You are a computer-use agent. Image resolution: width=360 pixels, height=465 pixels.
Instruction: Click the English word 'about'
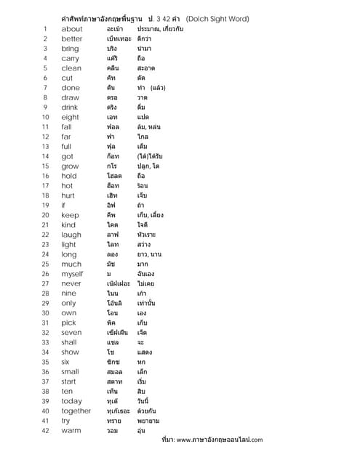coord(72,28)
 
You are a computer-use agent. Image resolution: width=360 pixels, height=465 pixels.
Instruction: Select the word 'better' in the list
coord(72,39)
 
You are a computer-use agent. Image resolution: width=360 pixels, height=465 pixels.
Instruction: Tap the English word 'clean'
coord(71,68)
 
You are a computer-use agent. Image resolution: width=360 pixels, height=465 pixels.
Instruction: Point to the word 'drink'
coord(70,107)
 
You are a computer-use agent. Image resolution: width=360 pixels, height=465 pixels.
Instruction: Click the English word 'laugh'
coord(71,235)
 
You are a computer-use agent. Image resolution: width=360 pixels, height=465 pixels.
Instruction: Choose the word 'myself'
coord(72,274)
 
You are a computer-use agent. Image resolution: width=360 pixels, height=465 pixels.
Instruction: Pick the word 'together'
coord(76,411)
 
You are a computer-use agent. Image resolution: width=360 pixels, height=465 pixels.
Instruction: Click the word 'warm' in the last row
coord(71,431)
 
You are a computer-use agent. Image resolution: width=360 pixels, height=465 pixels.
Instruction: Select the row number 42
coord(45,431)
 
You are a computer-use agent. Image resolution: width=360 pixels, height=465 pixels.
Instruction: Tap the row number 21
coord(45,225)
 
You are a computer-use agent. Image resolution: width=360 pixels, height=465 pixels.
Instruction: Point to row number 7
coord(45,87)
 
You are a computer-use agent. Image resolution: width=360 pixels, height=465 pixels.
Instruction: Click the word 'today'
coord(71,401)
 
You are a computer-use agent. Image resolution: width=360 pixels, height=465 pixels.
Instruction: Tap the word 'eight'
coord(70,116)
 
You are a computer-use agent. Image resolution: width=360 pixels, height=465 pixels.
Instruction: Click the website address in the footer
coord(219,440)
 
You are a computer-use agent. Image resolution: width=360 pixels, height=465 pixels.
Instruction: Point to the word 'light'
coord(70,244)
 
